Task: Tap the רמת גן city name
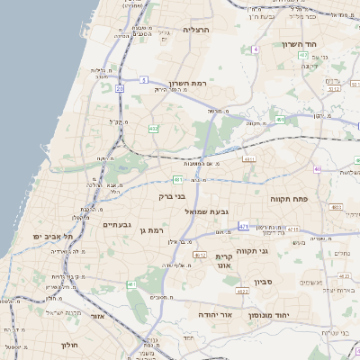[x=156, y=230]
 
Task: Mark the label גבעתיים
[x=117, y=224]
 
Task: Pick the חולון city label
[x=70, y=345]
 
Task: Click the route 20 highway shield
[x=120, y=88]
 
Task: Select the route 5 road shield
[x=143, y=79]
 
